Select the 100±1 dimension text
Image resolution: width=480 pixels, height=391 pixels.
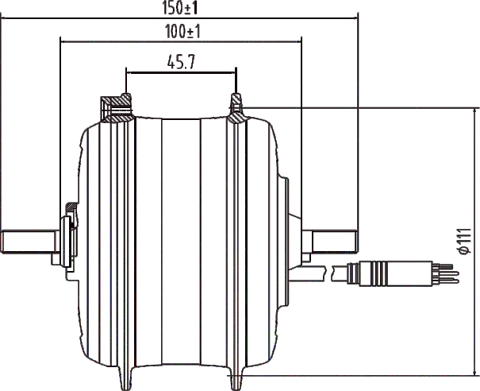180,31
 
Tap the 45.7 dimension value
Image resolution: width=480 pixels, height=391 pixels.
182,62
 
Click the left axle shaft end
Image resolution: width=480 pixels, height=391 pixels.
24,242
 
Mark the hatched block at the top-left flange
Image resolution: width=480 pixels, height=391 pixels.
115,104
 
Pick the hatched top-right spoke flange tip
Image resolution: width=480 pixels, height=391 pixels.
236,103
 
